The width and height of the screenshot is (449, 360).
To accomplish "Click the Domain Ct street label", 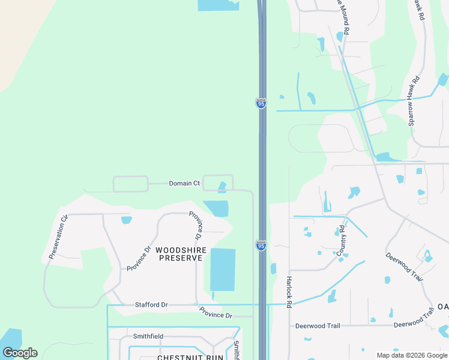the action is (x=184, y=183).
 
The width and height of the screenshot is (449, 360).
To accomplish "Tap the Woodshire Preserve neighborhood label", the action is (x=181, y=254).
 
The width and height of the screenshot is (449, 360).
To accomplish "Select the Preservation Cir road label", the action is (x=58, y=237).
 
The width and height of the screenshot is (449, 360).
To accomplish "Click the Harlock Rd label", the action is (x=289, y=292).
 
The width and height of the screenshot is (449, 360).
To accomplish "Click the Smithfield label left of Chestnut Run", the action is (x=148, y=337).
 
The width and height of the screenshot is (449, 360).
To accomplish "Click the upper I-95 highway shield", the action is (x=261, y=103).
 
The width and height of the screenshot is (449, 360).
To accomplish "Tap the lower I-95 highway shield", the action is (x=261, y=245).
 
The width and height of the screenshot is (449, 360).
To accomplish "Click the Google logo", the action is (x=20, y=353).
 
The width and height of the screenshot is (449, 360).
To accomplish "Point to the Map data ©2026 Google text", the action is (x=411, y=355).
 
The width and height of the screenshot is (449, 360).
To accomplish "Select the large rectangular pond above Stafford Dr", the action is (x=223, y=269).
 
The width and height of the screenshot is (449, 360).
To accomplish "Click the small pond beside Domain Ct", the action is (x=222, y=188).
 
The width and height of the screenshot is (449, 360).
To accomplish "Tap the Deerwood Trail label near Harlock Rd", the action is (x=318, y=326).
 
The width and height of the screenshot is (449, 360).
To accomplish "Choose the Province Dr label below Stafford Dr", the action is (x=215, y=314).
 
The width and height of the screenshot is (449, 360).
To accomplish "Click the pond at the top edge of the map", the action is (x=218, y=5).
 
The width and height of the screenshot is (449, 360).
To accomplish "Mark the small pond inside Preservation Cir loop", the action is (x=126, y=220).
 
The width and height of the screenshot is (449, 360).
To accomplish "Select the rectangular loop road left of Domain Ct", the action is (x=130, y=184).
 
